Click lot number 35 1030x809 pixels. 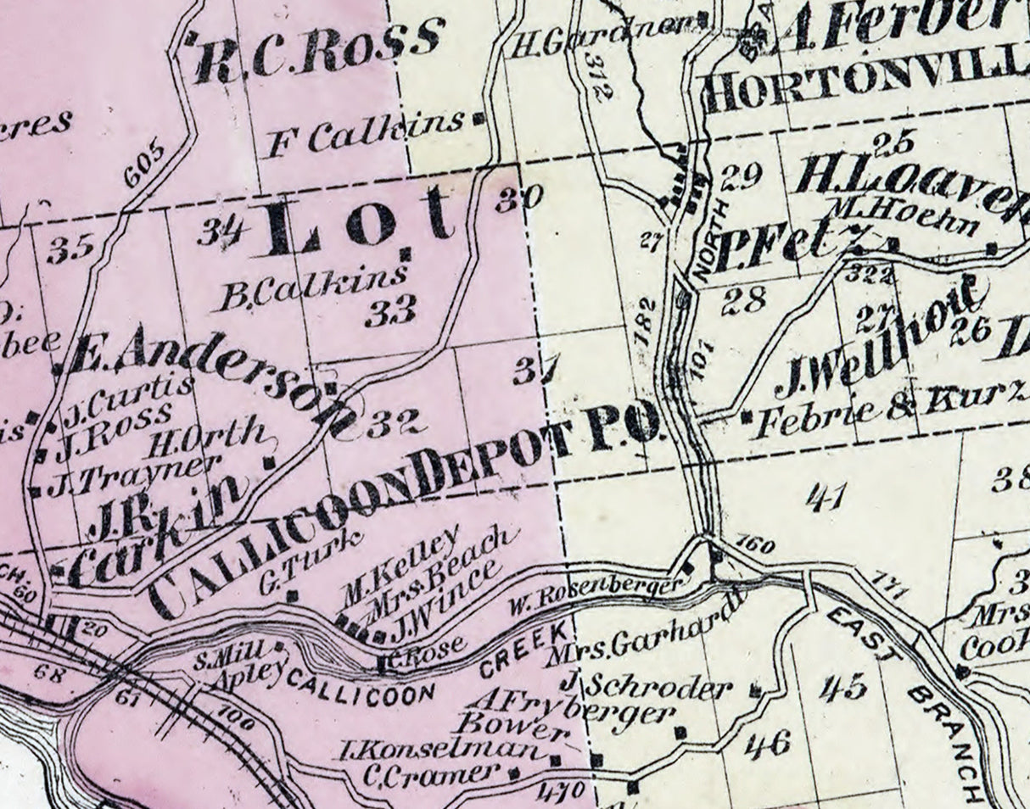click(x=70, y=249)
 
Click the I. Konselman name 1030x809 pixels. click(x=439, y=749)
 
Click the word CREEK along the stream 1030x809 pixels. click(x=523, y=652)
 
